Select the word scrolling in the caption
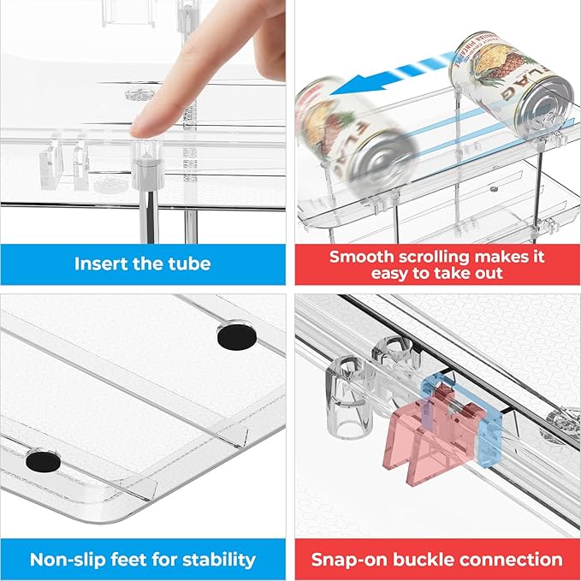coord(442,256)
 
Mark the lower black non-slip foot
coord(38,463)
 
